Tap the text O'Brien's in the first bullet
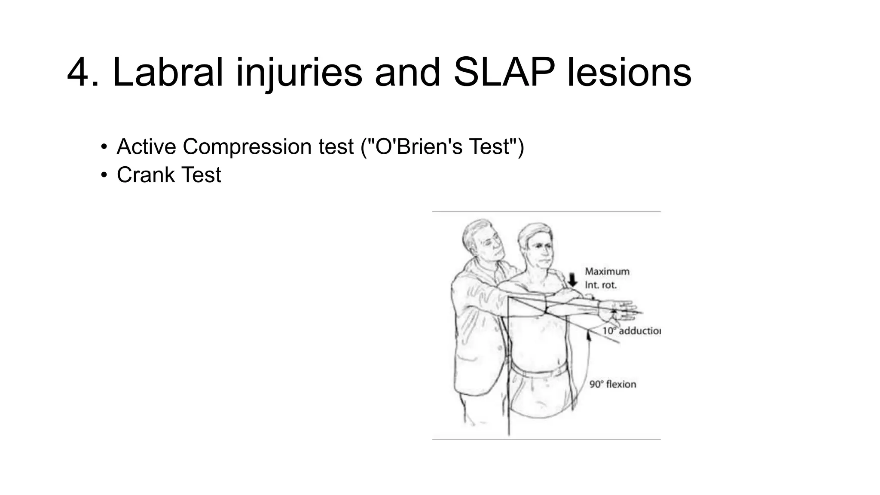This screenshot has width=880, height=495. point(419,147)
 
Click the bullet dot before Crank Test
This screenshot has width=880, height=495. point(103,175)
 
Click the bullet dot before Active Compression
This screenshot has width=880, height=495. point(103,147)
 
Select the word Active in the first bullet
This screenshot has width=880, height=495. point(147,147)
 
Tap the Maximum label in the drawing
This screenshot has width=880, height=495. point(607,272)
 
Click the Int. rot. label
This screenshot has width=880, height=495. point(600,285)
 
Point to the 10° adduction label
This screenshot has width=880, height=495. point(631,331)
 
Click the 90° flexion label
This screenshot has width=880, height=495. point(612,384)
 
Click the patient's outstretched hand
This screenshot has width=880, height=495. point(623,312)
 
